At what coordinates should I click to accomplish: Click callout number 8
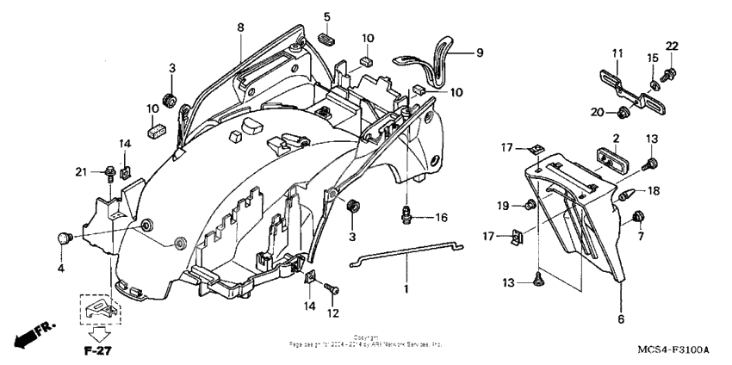click(240, 28)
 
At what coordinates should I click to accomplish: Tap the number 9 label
click(480, 53)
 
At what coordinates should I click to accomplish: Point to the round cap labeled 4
click(64, 238)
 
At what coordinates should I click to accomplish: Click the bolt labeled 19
click(532, 205)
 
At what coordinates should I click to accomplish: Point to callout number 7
click(640, 235)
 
